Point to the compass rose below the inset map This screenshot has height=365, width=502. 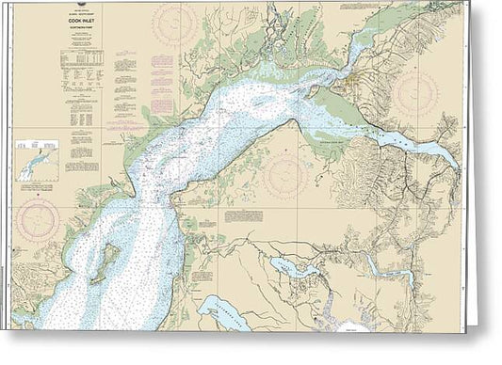[38, 219]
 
